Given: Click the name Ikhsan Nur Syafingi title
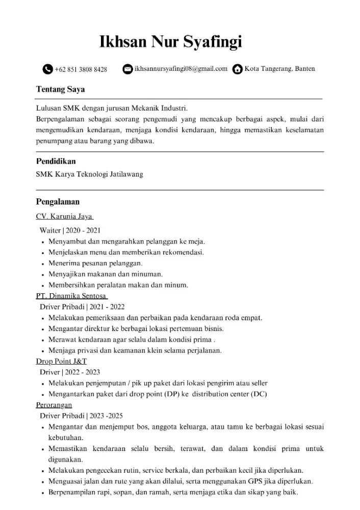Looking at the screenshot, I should point(170,41).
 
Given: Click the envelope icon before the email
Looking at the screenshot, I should point(128,69).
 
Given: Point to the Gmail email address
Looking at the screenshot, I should point(181,69).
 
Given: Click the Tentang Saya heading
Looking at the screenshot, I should point(60,89).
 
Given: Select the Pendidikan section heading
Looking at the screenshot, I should point(56,161).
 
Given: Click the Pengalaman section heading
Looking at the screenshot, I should point(58,202).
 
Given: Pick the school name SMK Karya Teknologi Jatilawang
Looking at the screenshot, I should point(89,174).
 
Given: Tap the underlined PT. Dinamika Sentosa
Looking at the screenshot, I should point(71,296).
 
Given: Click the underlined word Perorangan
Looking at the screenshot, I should point(54,405).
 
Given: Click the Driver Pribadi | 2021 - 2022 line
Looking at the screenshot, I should point(82,307).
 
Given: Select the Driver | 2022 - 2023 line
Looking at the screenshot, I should point(69,372).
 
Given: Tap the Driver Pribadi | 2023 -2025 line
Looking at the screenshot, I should point(81,416).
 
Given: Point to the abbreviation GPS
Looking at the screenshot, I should point(255,481).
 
